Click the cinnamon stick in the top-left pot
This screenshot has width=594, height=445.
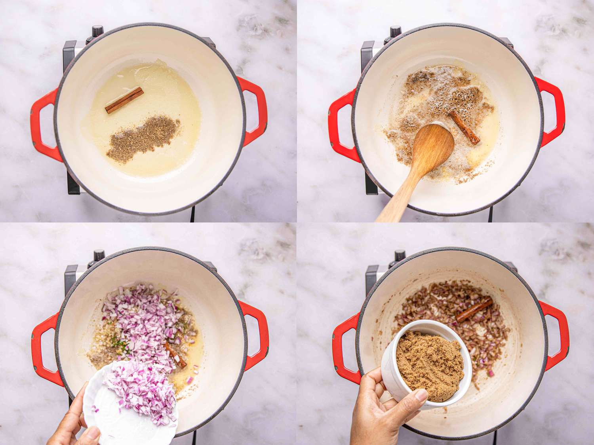click(124, 100)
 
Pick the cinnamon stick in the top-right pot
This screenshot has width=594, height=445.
click(465, 127)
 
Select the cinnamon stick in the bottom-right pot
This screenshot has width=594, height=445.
click(474, 310)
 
